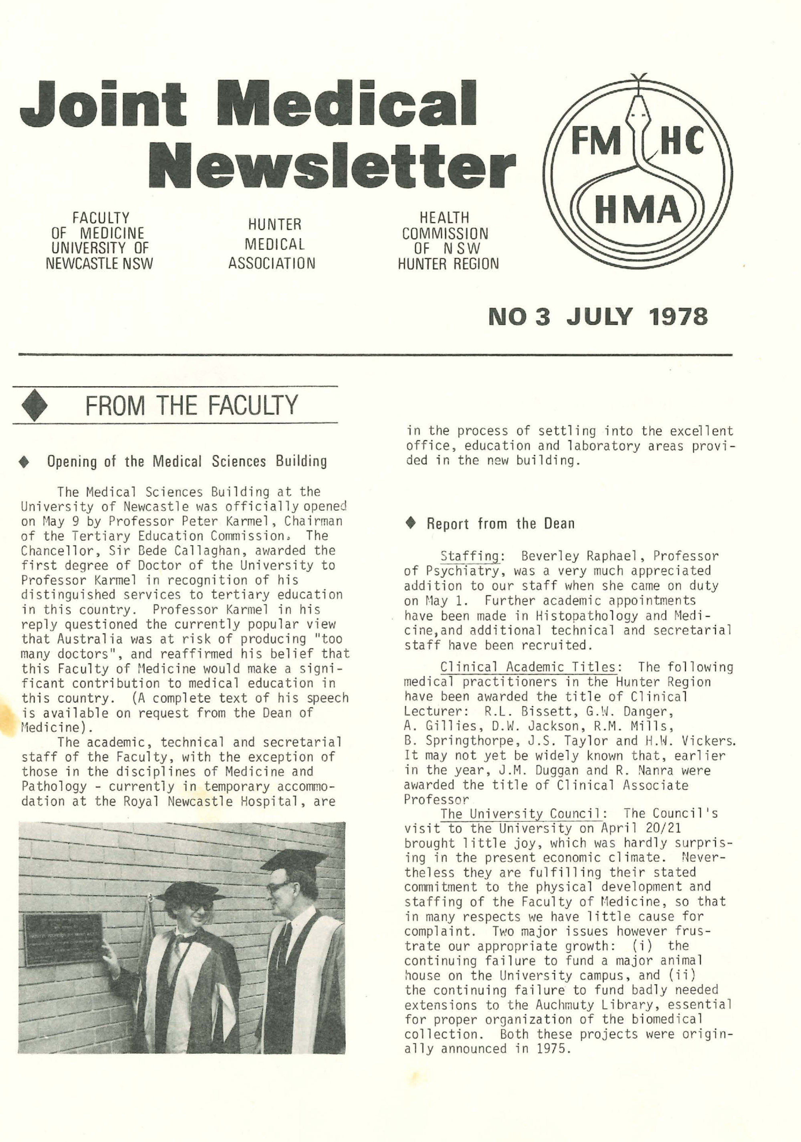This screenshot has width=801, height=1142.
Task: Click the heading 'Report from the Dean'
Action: pyautogui.click(x=500, y=524)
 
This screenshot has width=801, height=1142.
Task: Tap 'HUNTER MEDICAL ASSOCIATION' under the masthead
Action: pyautogui.click(x=272, y=244)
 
